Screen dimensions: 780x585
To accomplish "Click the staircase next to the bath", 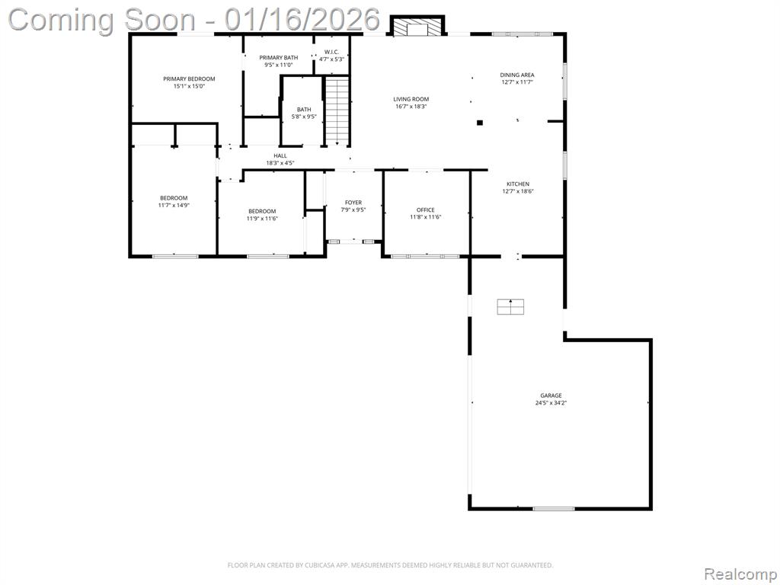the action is [337, 110].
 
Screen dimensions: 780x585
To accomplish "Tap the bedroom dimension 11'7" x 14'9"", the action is [174, 205].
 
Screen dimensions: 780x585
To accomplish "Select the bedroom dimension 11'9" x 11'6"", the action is [262, 218].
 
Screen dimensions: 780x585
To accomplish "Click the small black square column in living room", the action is [480, 123].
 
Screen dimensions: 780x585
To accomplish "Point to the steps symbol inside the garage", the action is [510, 306].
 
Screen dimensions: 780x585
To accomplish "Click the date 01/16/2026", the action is [302, 20].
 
